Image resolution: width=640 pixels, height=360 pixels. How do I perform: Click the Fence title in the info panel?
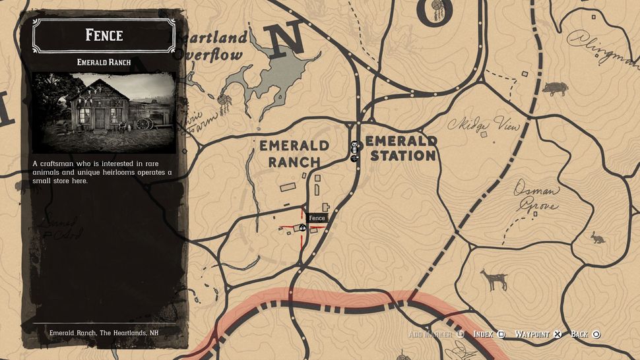pos(104,34)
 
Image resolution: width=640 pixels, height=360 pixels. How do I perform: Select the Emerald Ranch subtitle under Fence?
pos(104,63)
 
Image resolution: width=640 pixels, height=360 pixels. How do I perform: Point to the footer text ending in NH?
pos(104,333)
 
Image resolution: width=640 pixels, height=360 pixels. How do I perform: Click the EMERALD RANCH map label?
pos(294,153)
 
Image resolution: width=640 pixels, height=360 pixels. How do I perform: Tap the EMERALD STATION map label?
pos(402,148)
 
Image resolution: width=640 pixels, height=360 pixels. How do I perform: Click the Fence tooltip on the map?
pos(317,218)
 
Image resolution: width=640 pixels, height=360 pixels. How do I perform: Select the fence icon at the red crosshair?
pos(302,228)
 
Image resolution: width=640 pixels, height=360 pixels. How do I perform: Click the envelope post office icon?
pos(354,146)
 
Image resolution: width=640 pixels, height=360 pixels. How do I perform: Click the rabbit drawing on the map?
pos(598,238)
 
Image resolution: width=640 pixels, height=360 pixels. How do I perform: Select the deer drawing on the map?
pos(494,280)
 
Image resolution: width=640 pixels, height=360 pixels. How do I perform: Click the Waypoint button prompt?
pos(537,334)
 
